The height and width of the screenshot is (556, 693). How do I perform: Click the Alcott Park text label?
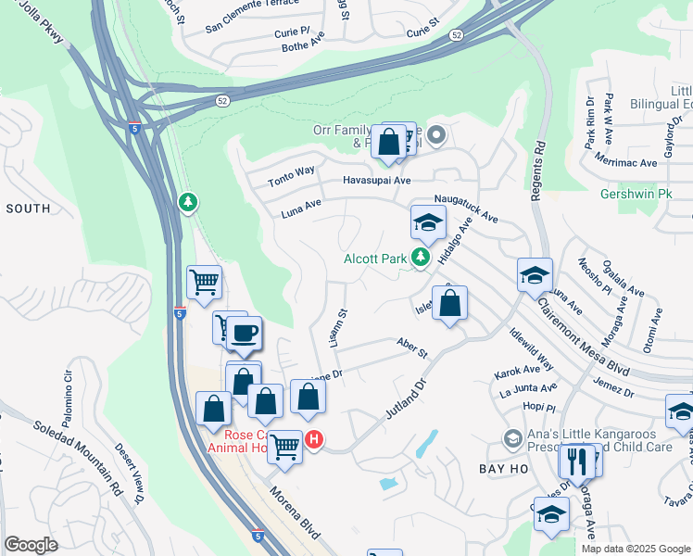(x=375, y=259)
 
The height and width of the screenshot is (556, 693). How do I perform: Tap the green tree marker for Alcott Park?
(x=422, y=257)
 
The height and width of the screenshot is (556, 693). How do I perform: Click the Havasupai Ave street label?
(x=376, y=181)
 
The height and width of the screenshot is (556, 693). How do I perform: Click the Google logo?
(x=31, y=545)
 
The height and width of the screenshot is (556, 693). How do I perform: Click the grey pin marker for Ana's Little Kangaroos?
(x=511, y=436)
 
